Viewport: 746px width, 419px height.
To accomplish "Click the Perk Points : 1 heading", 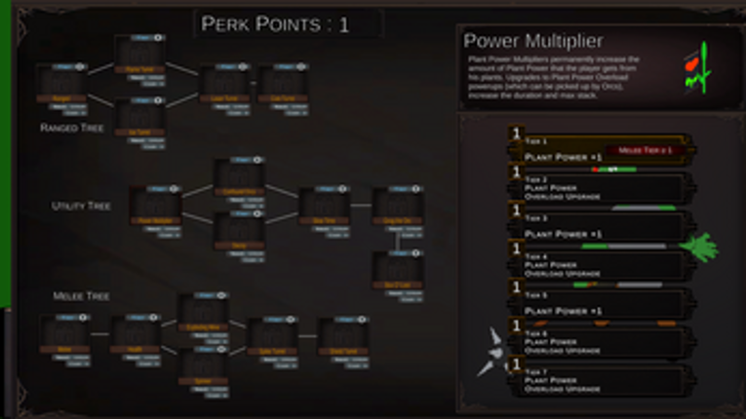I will point(274,24).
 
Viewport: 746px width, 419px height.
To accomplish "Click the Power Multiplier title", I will point(532,41).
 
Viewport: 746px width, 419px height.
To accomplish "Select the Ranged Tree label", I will point(73,128).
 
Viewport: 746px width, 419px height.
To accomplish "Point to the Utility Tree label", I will point(81,207).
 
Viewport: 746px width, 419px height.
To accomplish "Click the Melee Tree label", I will point(81,295).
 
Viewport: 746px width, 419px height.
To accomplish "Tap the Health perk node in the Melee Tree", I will point(135,335).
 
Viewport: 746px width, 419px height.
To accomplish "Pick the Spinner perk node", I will point(203,368).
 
